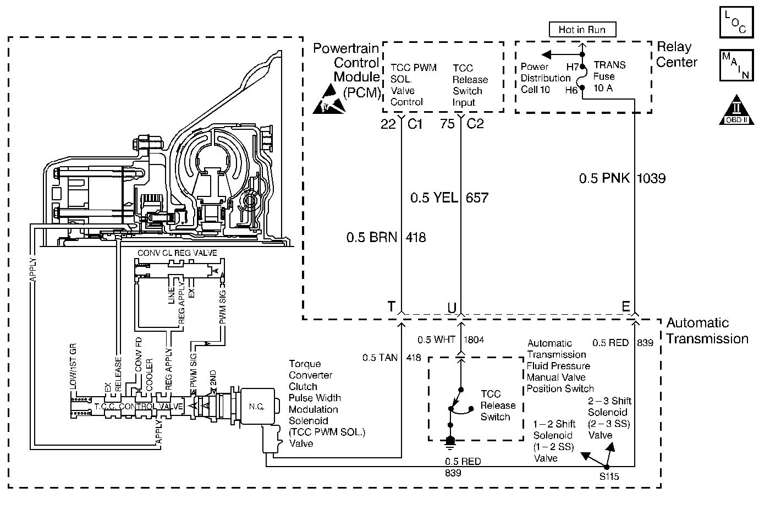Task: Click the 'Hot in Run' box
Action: [x=582, y=30]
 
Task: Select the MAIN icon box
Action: [x=736, y=65]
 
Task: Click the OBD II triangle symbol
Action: [x=736, y=110]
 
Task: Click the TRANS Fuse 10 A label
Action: [x=609, y=76]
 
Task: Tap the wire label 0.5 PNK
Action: [x=604, y=178]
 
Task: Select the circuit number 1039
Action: [x=651, y=178]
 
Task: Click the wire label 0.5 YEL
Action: [x=434, y=198]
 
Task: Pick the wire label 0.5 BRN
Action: [x=371, y=237]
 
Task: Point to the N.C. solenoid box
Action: [x=257, y=406]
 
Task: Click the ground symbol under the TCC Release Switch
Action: [x=450, y=443]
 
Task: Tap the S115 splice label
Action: [x=609, y=476]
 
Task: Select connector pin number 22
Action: [x=388, y=124]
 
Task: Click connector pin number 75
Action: [x=447, y=124]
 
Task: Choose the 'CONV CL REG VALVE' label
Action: [x=177, y=253]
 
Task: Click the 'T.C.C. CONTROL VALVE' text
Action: [x=139, y=406]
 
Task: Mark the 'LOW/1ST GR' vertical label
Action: [x=73, y=366]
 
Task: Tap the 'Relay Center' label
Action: [x=676, y=54]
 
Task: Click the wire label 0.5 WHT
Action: [x=436, y=339]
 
